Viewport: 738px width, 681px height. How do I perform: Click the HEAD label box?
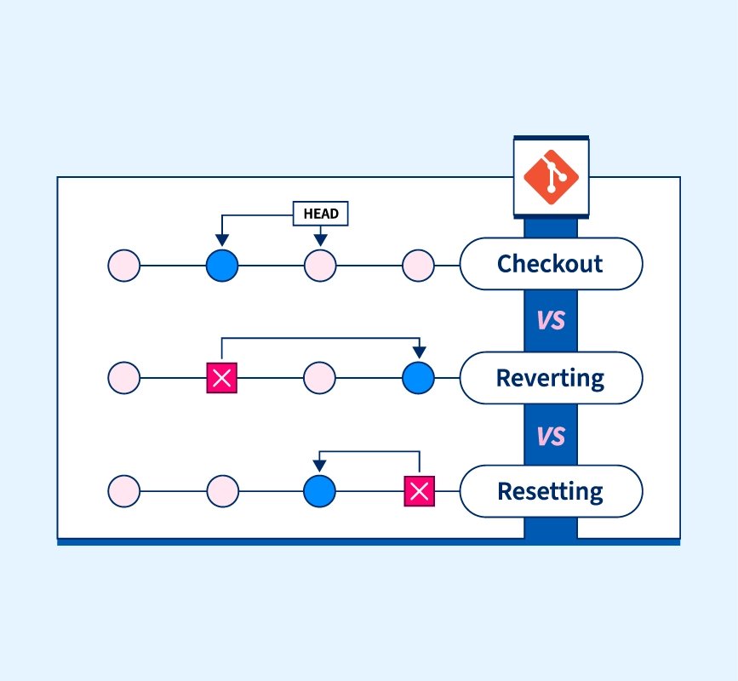(321, 214)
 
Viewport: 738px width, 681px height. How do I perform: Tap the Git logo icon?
(551, 177)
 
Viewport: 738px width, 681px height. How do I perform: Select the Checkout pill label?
(551, 264)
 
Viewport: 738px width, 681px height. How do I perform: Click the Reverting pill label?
(551, 378)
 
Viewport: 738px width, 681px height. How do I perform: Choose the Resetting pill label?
(551, 491)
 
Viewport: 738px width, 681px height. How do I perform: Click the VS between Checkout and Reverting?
(551, 321)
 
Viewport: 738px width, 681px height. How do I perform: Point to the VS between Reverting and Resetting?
(551, 437)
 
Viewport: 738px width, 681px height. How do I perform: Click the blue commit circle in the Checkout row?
(222, 266)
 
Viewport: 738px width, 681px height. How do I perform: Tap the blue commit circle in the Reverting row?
(419, 378)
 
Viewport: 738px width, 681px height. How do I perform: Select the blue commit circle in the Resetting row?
(319, 491)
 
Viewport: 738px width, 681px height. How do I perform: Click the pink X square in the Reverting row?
(221, 378)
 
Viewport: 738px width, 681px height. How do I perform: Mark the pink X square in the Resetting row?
(420, 491)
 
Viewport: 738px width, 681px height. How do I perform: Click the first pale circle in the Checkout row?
(123, 266)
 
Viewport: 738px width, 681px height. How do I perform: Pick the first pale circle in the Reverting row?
(123, 378)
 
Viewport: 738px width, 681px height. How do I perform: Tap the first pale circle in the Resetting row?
(123, 491)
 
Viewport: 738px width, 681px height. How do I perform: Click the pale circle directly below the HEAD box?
(320, 266)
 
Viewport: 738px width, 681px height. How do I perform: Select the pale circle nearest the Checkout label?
(419, 266)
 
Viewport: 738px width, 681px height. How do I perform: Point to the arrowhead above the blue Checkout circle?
(222, 240)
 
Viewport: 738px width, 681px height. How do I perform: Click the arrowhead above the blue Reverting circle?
(420, 352)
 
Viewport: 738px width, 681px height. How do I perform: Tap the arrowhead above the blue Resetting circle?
(319, 466)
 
